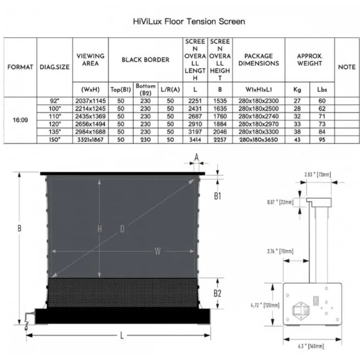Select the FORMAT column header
pos(20,67)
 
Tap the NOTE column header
pos(347,67)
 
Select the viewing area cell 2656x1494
pos(90,124)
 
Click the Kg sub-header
pos(297,89)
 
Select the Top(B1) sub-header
pos(120,89)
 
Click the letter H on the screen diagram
pos(100,228)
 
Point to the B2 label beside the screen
pos(217,293)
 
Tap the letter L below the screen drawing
pos(121,335)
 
